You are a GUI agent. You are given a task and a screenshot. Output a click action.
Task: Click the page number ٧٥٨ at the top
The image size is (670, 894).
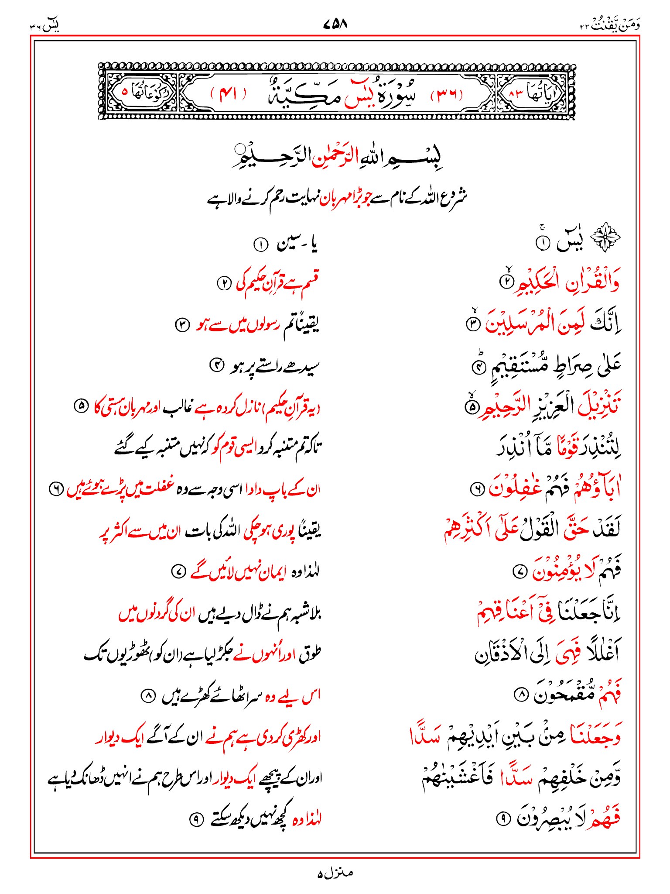tap(335, 24)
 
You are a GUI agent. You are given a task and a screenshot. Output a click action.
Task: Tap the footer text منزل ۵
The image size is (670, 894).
tap(335, 873)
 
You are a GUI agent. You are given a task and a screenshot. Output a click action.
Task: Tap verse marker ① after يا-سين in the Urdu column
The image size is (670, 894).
tap(260, 245)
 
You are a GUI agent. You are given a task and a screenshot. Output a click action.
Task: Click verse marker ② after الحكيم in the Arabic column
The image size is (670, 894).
tap(507, 282)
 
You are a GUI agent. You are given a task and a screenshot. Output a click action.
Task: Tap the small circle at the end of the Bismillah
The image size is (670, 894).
tap(239, 149)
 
